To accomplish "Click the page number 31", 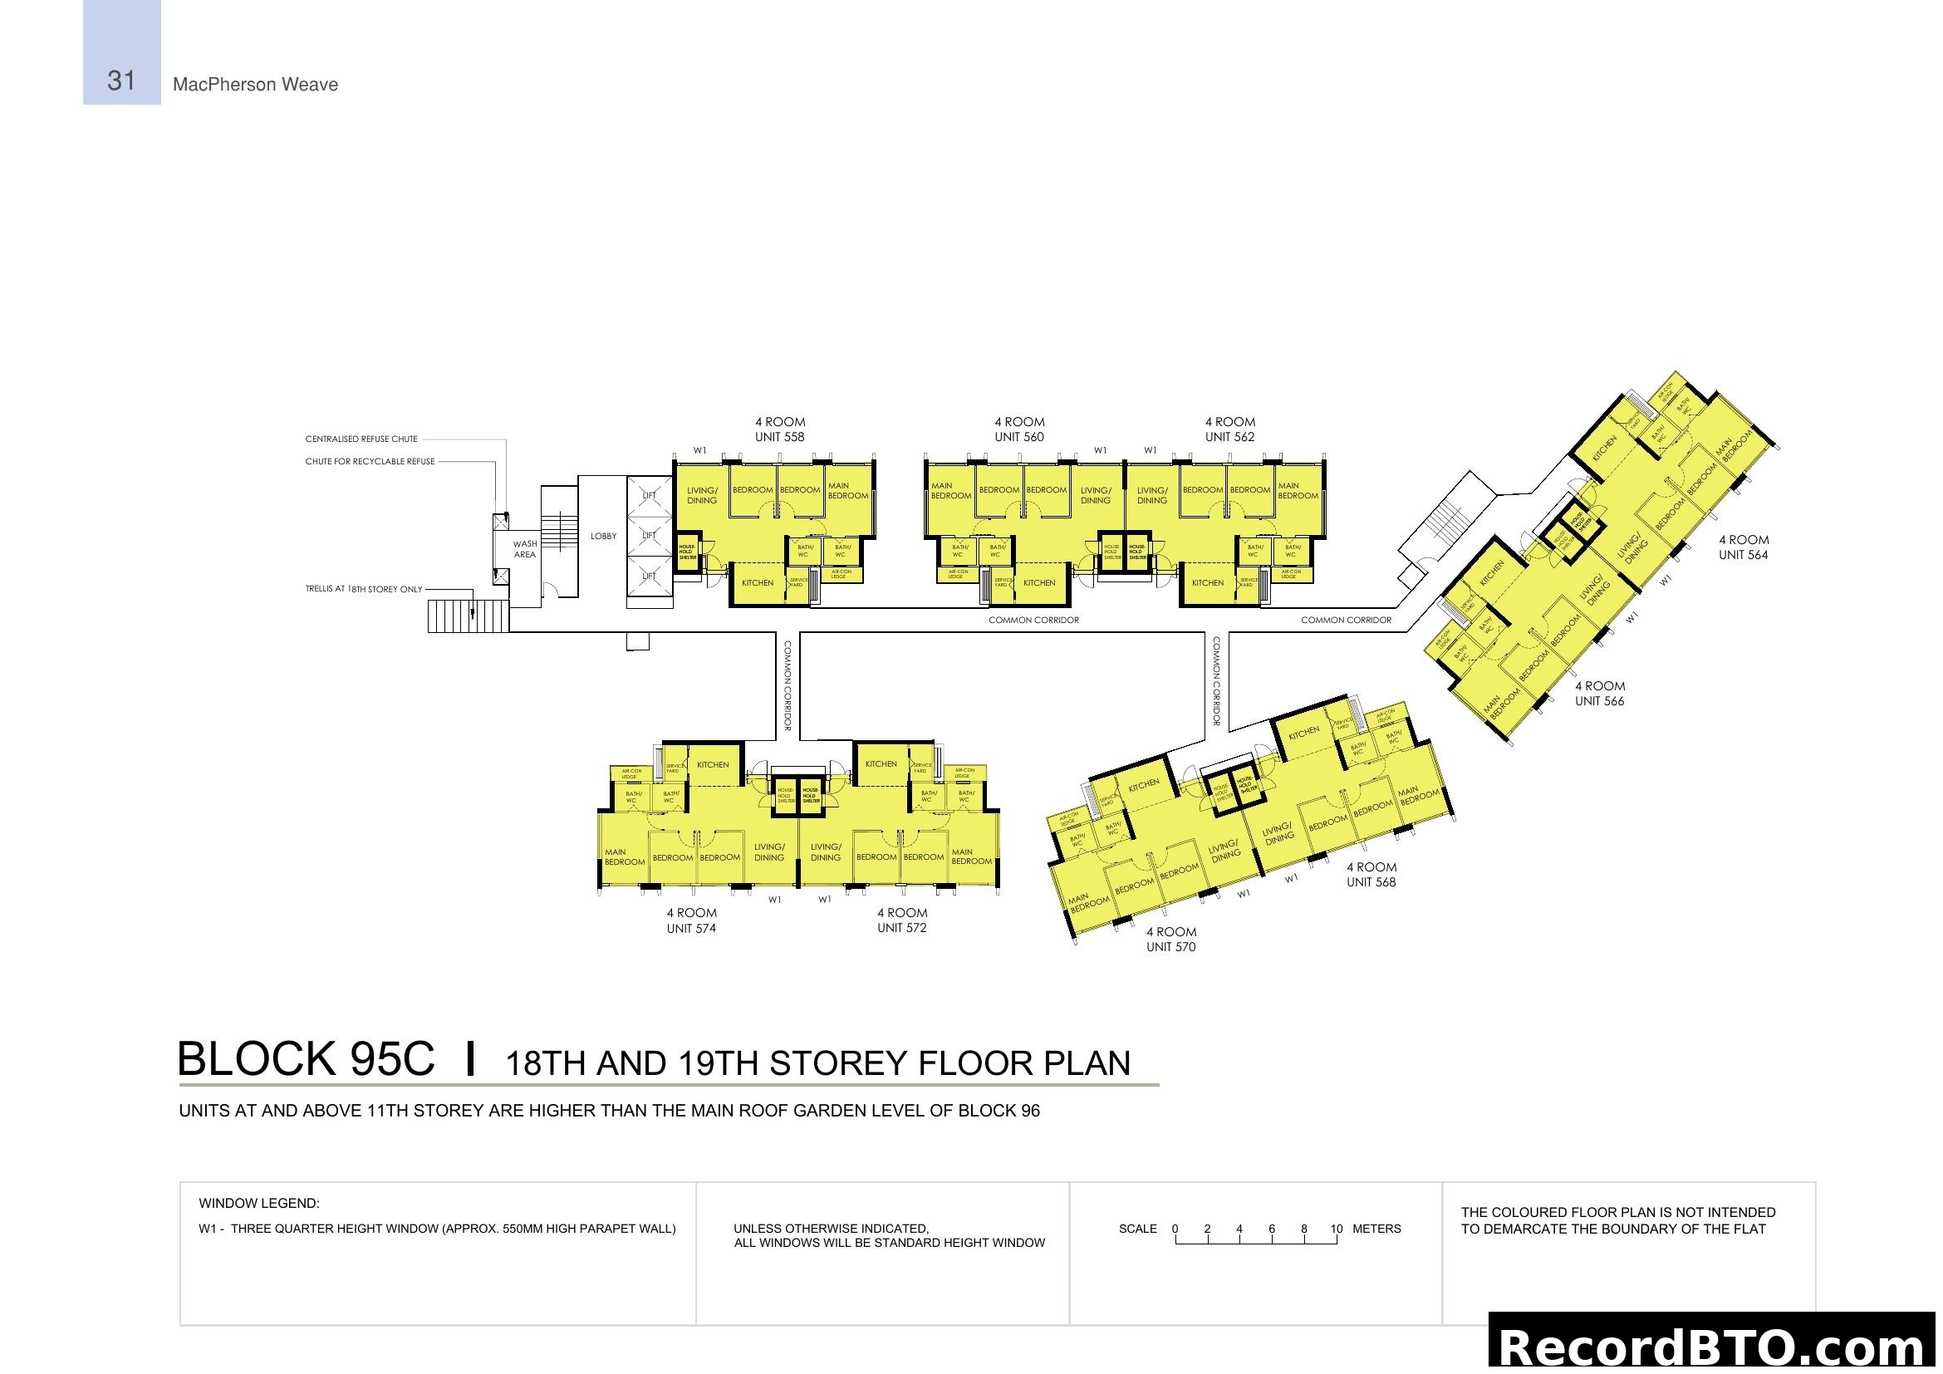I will pos(121,81).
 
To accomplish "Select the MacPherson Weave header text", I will pos(255,85).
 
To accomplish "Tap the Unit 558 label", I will pos(778,438).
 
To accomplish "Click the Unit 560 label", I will pos(1019,438).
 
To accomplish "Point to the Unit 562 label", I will pos(1229,438).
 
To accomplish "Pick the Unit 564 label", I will pos(1743,555).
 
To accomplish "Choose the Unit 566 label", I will pos(1598,701).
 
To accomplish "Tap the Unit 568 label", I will pos(1370,882).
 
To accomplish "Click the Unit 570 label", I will pos(1170,948).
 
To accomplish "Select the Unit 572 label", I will pos(901,928).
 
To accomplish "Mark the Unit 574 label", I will pos(690,929).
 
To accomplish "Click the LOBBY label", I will pos(603,537).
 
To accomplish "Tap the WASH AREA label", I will pos(525,549).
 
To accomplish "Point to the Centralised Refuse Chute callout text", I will pos(361,439).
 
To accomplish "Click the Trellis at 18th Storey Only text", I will pos(363,589).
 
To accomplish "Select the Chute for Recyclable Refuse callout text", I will pos(370,462).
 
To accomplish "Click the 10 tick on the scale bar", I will pos(1336,1229).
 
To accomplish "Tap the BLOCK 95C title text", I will pos(306,1059).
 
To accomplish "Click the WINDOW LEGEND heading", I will pos(259,1203).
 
